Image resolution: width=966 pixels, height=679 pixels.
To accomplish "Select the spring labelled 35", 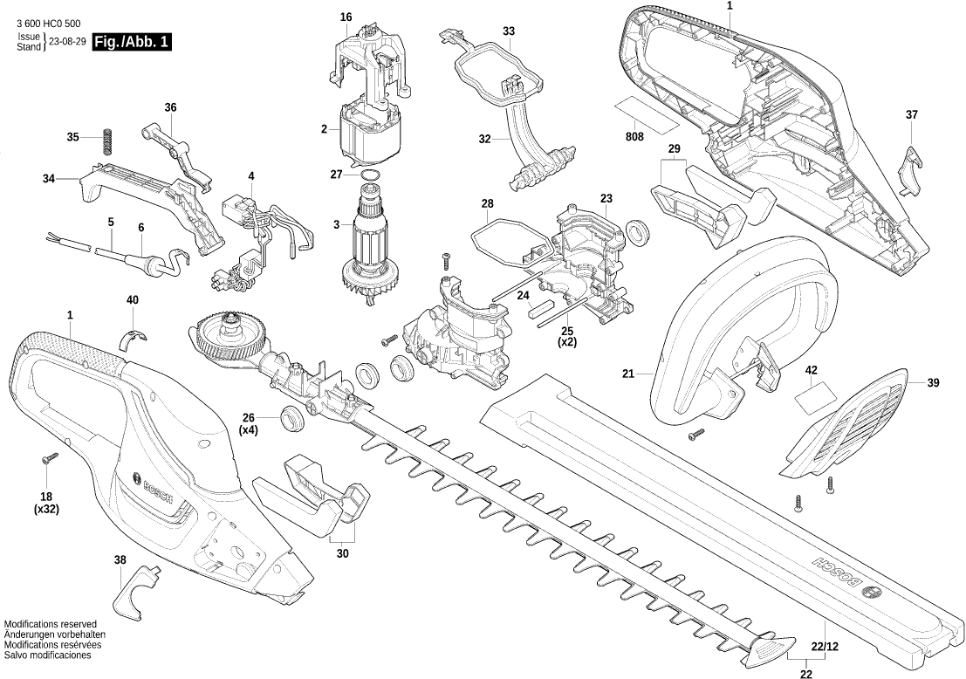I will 107,140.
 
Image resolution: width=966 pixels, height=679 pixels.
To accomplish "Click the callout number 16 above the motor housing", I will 346,17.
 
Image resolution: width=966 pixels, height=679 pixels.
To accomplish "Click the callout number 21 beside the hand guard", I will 627,374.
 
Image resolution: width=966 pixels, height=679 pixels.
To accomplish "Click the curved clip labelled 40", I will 133,335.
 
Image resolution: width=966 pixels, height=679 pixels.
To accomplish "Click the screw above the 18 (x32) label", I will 47,457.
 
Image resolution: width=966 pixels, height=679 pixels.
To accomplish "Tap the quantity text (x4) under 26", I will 249,430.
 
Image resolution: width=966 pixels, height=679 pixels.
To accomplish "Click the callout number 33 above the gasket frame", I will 509,31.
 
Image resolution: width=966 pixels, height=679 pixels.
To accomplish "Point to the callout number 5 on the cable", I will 111,223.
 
